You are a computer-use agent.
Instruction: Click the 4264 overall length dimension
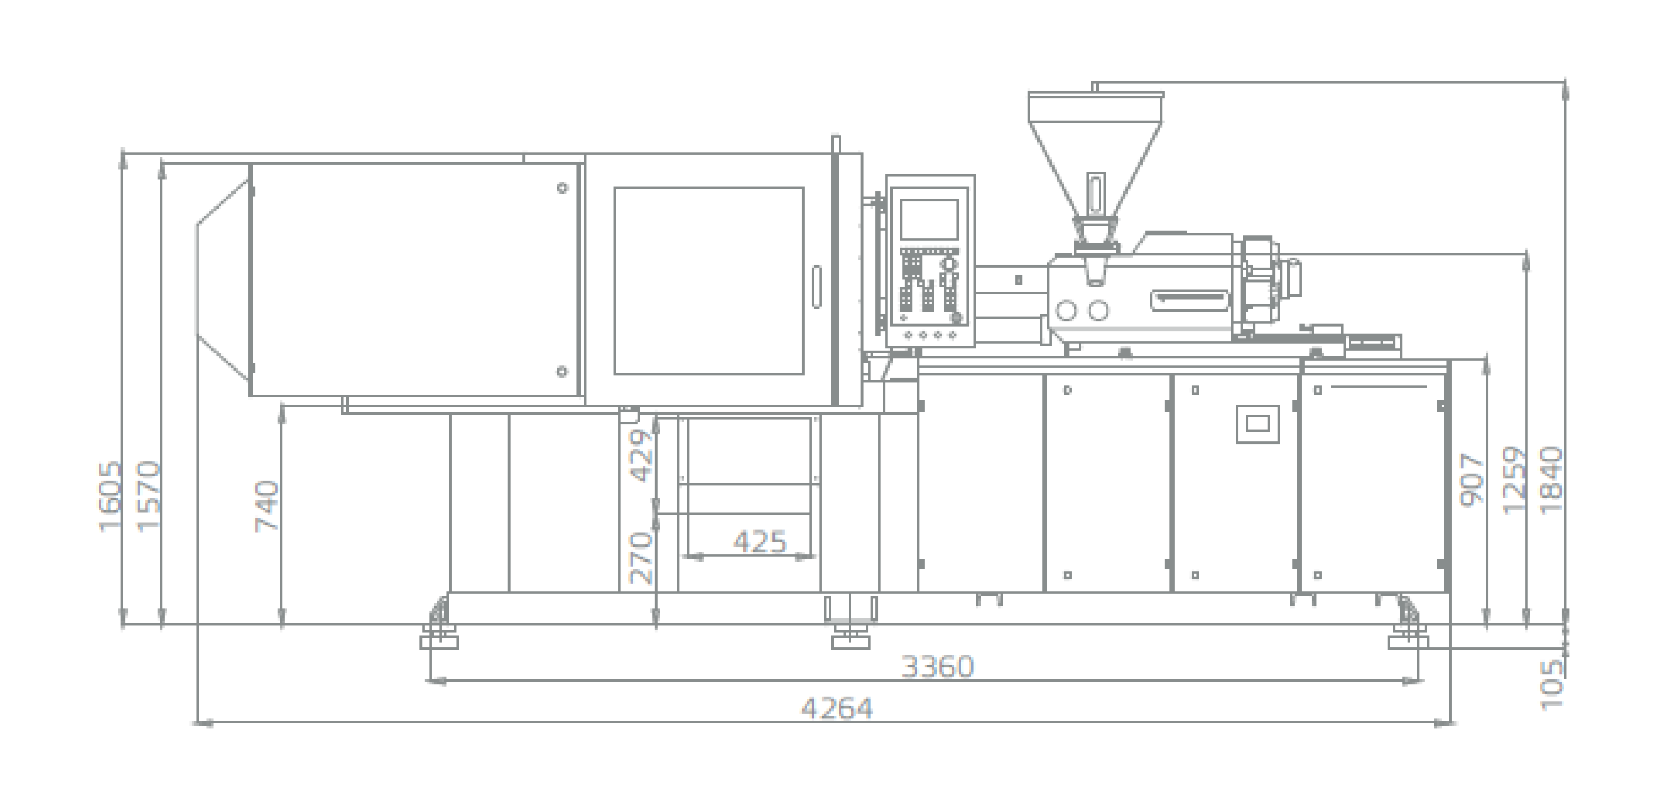coord(837,708)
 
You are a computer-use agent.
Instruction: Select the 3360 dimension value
coord(938,667)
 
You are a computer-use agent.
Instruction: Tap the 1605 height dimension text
coord(109,497)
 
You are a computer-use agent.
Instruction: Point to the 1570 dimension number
coord(148,497)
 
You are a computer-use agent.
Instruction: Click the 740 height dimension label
coord(267,507)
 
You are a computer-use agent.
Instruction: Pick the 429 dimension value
coord(642,457)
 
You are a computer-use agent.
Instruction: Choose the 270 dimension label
coord(641,558)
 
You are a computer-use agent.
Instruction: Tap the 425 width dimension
coord(760,541)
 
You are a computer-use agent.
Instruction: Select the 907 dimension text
coord(1472,480)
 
